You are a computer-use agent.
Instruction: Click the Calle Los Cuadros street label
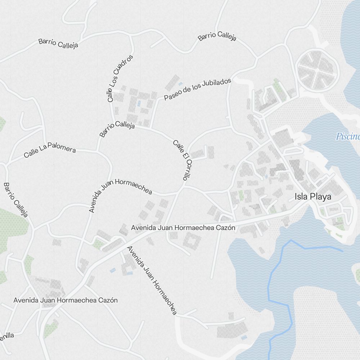point(120,78)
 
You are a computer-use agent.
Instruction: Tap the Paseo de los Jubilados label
point(197,89)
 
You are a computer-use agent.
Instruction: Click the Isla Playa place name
point(312,197)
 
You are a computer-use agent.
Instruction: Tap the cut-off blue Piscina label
point(348,136)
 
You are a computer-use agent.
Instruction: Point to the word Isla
point(301,197)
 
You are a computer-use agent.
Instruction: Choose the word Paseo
point(171,96)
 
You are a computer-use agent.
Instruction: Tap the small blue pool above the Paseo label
point(180,84)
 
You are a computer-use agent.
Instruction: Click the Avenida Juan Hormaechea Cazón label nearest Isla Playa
point(183,228)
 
